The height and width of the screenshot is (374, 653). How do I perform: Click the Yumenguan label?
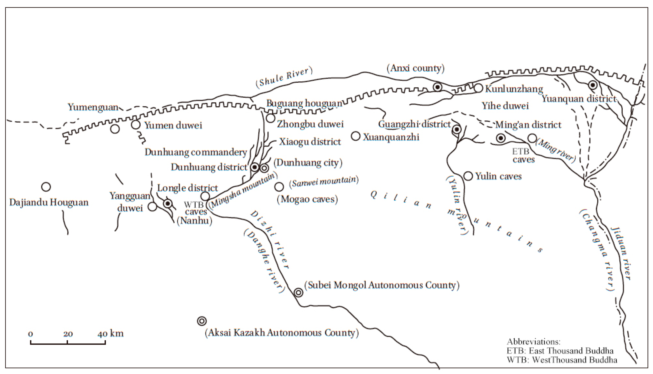pos(93,107)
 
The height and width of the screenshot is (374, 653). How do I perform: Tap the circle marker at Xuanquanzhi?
pos(356,136)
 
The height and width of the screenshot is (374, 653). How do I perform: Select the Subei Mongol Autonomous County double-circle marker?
pos(298,292)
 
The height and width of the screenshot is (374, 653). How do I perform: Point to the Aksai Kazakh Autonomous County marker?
pos(202,321)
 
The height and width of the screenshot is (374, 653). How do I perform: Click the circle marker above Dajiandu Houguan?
pos(46,187)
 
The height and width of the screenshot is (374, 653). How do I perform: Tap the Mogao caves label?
pos(307,199)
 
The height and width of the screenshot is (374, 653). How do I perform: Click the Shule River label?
pos(284,77)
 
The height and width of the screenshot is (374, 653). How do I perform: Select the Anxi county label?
pos(416,68)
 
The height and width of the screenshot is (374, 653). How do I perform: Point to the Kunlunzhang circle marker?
pos(478,88)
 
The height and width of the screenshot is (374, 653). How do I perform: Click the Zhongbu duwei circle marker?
pos(271,118)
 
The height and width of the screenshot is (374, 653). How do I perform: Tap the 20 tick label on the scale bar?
pos(68,334)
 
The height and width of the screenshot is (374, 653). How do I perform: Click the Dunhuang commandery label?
pos(196,152)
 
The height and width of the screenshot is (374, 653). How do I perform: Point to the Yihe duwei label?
pos(505,106)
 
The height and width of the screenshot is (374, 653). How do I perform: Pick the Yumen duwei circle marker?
pos(136,125)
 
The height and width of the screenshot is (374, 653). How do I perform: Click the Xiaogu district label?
pos(310,142)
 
